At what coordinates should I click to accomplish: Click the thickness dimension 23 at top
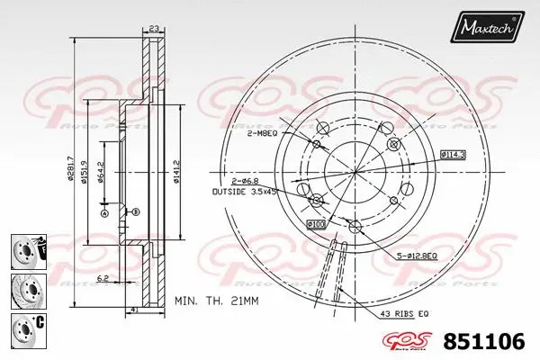154,30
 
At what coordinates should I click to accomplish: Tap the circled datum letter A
104,213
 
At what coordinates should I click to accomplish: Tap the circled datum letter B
135,211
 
